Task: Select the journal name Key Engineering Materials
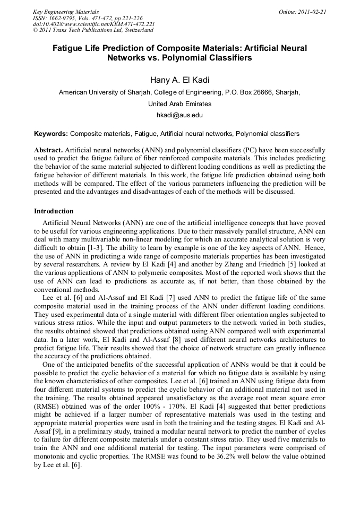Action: click(x=66, y=12)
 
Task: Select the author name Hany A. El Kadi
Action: click(x=179, y=80)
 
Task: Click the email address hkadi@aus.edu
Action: click(x=179, y=115)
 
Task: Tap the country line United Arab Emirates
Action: click(x=179, y=104)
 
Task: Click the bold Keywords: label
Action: click(x=51, y=134)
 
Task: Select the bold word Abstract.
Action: click(x=48, y=151)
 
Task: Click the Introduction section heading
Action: click(x=54, y=211)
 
